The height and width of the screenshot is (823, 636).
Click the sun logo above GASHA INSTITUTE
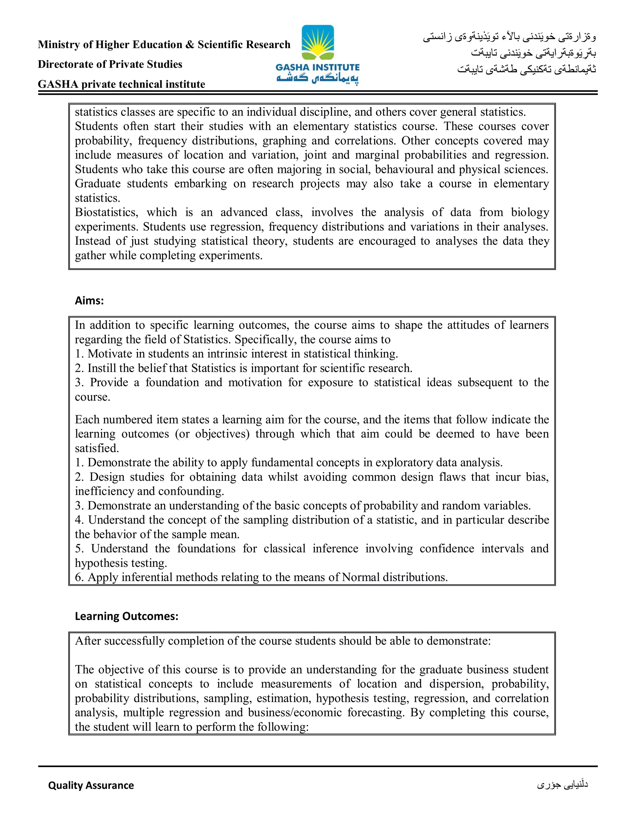pos(318,43)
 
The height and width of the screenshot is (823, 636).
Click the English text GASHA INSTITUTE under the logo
pos(318,67)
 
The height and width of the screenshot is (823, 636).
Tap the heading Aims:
pos(89,300)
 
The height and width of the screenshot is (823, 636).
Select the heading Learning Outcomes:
pos(127,616)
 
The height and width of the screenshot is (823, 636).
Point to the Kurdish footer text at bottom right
pos(562,784)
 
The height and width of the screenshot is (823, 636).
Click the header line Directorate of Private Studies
pos(110,64)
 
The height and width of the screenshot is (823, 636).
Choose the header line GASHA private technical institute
pos(121,84)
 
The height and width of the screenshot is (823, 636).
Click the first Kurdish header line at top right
pos(509,37)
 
